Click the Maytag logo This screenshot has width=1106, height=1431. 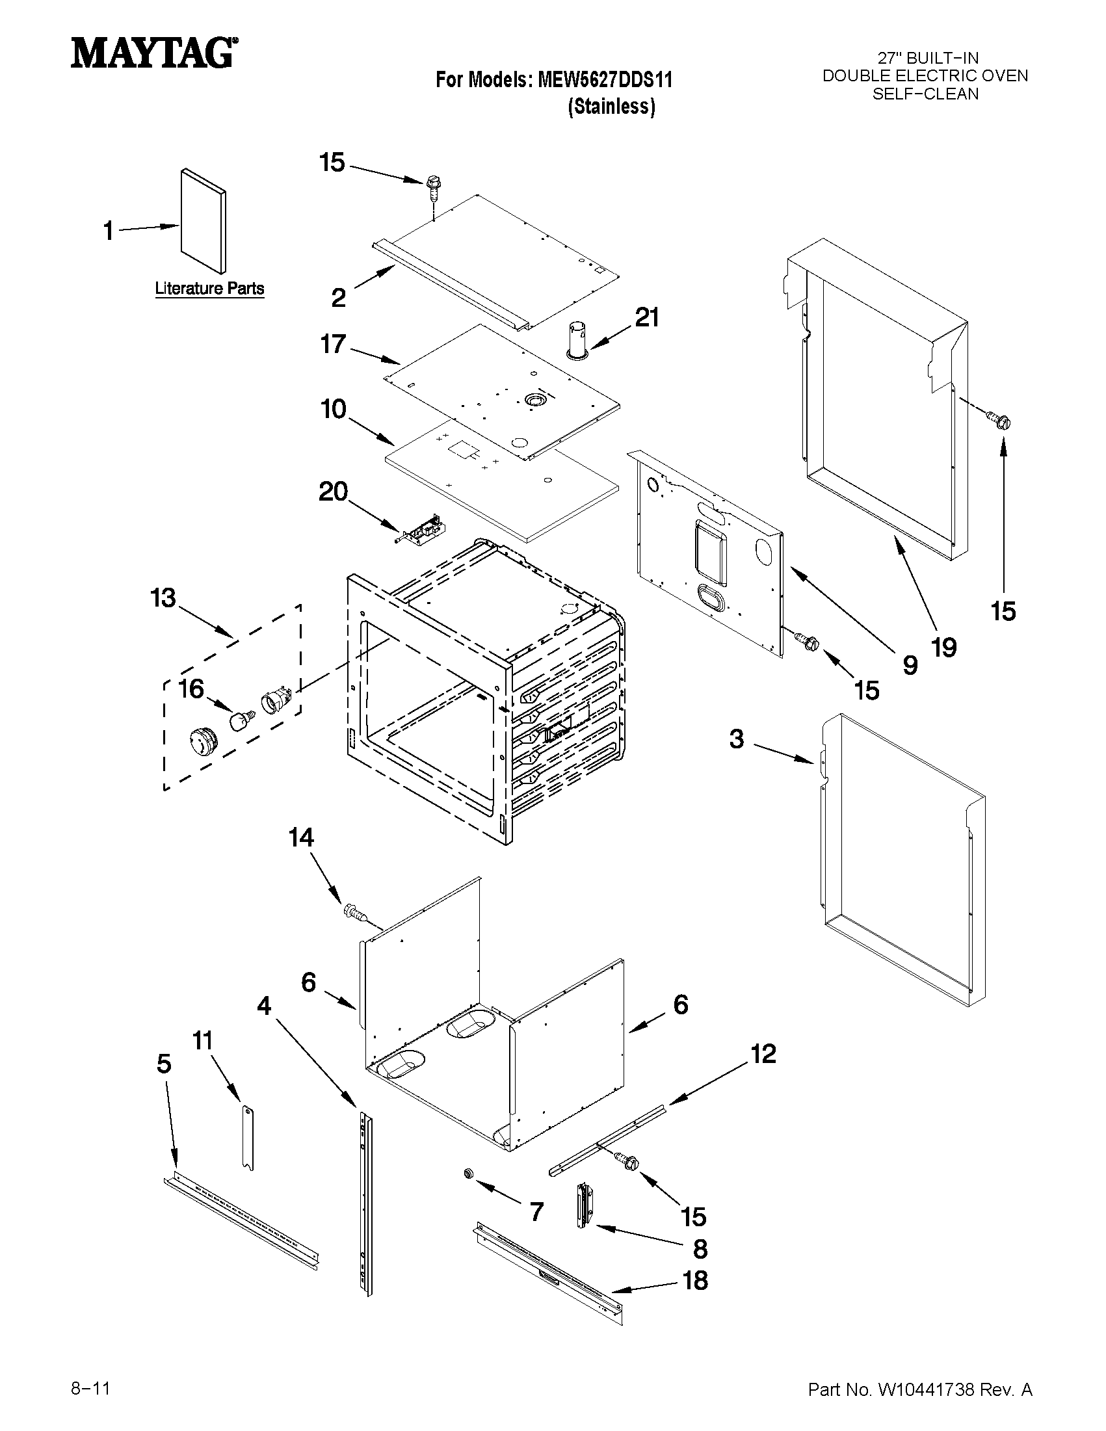point(154,53)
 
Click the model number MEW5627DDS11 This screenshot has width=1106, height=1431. point(605,80)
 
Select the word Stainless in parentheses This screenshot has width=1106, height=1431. point(611,106)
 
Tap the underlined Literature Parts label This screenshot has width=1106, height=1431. point(209,288)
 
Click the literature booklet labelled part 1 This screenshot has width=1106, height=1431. point(203,222)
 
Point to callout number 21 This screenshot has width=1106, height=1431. point(647,317)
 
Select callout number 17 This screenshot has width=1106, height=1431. point(333,343)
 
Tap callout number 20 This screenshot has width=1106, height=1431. point(333,492)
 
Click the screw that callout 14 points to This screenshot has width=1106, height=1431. point(354,912)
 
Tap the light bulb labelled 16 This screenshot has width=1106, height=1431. point(241,721)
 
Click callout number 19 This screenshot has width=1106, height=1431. point(944,648)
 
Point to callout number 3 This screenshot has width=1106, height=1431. point(737,739)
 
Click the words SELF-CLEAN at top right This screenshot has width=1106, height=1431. point(925,94)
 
